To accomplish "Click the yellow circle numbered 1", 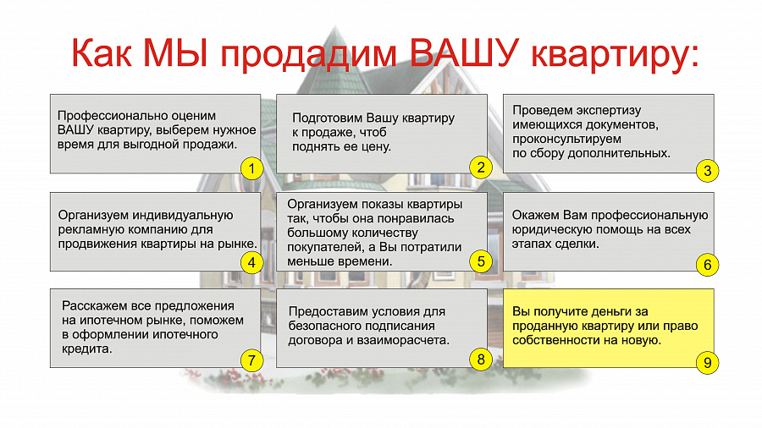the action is (251, 169).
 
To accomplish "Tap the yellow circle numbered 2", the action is (481, 167).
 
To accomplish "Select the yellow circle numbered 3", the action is (707, 171).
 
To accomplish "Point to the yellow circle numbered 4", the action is (251, 262).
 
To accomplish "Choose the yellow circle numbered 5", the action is (481, 261).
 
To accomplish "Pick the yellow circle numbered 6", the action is (707, 265).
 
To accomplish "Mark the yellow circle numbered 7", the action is (251, 360).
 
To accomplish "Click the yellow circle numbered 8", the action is (481, 359).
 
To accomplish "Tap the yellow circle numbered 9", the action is (707, 363).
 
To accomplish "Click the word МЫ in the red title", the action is (176, 52).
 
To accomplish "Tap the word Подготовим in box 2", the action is (327, 118).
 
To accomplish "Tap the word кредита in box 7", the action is (86, 348).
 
